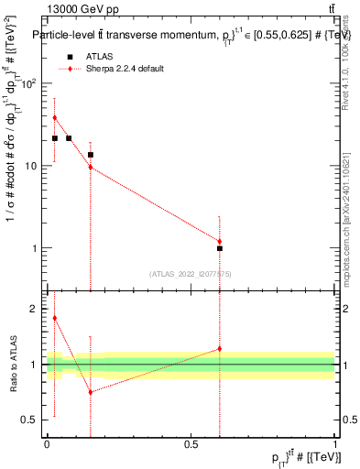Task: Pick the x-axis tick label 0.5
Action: tap(191, 446)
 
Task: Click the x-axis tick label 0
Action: tap(46, 446)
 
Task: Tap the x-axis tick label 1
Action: tap(335, 446)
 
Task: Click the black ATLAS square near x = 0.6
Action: tap(220, 248)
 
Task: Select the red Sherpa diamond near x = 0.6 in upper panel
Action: tap(220, 241)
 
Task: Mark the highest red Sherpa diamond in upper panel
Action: tap(55, 117)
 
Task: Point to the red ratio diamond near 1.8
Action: tap(55, 318)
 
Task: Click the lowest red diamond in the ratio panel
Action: tap(90, 392)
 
